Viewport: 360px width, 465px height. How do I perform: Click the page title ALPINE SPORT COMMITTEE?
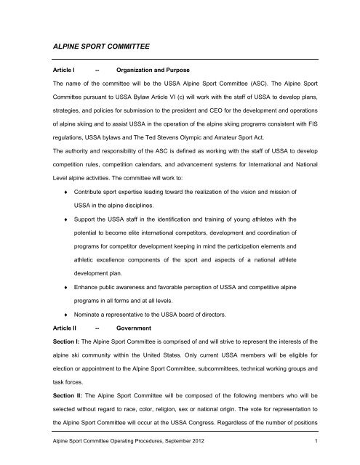pos(85,46)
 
